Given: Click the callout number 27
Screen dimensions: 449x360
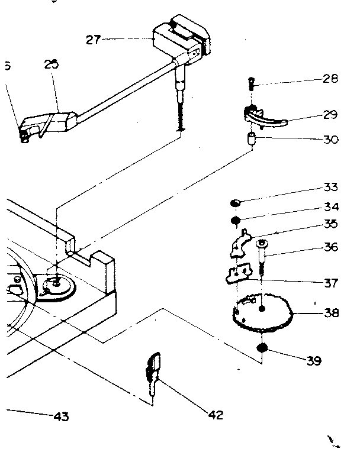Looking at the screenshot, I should [93, 40].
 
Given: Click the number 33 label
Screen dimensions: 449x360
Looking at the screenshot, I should [330, 188].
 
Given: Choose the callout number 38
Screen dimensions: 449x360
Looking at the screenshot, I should [330, 313].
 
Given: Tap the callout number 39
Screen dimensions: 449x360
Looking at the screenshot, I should [313, 360].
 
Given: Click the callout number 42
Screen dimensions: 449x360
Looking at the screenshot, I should [216, 415].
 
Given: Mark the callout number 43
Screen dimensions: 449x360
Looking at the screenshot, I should [60, 416].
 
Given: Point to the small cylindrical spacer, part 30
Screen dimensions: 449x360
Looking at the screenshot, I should [251, 141].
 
